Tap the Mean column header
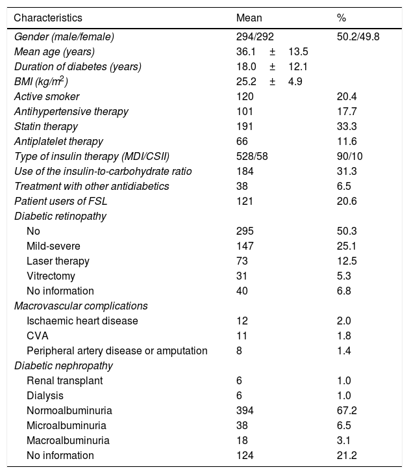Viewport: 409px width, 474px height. point(249,17)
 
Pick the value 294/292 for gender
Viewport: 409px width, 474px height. point(255,36)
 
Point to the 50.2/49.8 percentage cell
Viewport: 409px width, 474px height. point(358,36)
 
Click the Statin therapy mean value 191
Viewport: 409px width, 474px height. point(245,126)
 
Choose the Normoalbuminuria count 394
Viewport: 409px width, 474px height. point(245,410)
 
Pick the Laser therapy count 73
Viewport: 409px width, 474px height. point(242,261)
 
